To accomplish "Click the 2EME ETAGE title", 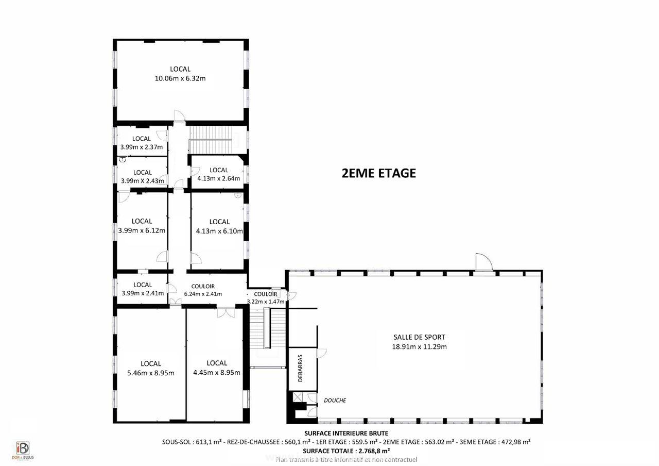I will (378, 173).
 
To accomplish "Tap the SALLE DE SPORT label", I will (419, 337).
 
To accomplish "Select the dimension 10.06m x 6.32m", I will (180, 78).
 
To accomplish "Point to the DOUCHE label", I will (335, 400).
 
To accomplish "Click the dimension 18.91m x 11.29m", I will (419, 346).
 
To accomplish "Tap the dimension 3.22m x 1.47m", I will (266, 302).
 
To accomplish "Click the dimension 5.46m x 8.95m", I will (151, 373).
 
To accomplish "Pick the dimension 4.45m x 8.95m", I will (217, 372).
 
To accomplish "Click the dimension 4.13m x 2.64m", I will (219, 179).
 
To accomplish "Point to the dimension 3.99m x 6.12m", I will (142, 230).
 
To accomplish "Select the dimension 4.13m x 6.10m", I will (219, 231).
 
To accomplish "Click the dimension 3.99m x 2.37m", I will (142, 147).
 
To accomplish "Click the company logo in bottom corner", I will (23, 450).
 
